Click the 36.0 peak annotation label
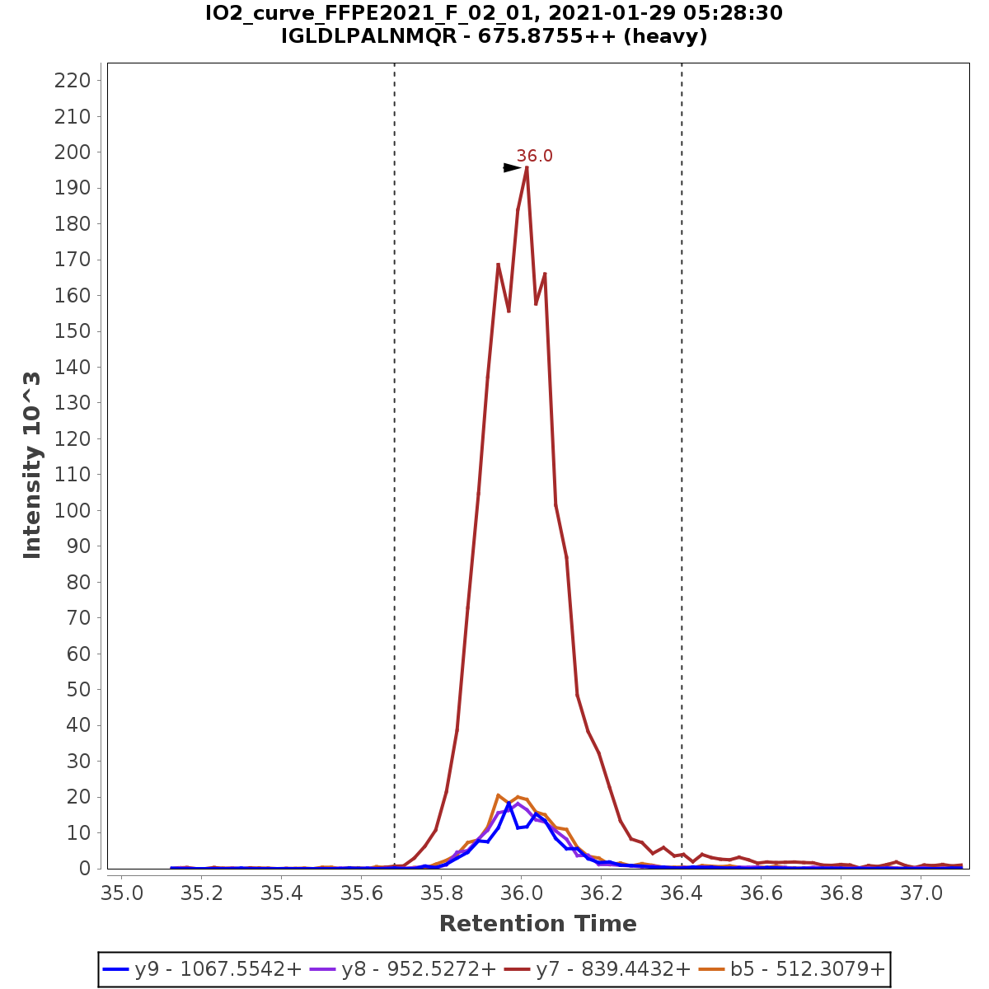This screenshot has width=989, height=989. tap(534, 156)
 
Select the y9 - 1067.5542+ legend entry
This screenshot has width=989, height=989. tap(201, 969)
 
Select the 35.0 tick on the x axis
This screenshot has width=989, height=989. tap(123, 893)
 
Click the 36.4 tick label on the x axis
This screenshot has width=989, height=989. tap(682, 893)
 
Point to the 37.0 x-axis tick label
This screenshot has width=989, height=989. tap(921, 893)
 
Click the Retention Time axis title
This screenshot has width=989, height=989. tap(537, 924)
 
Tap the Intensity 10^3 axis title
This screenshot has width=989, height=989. tap(33, 465)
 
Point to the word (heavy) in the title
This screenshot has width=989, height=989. tap(666, 37)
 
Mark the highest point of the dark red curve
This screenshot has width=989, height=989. tap(527, 167)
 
